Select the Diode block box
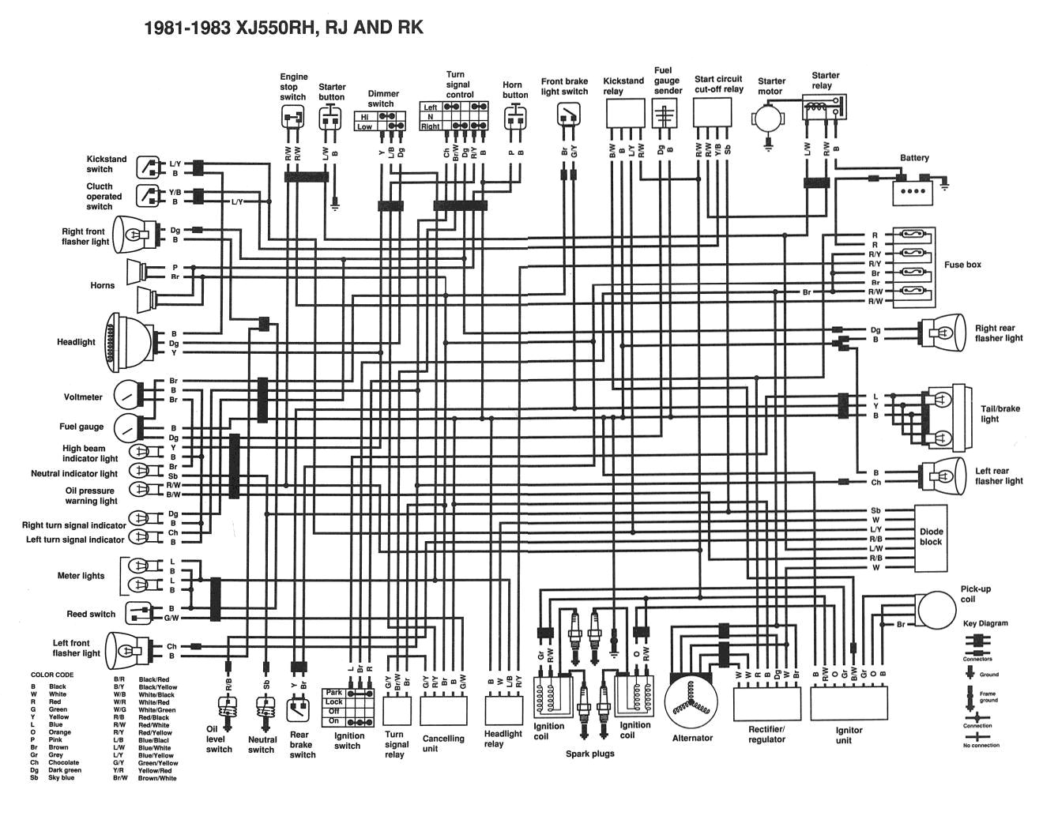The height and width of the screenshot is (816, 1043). click(x=931, y=537)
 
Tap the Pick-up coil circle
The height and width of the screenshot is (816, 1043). click(x=936, y=609)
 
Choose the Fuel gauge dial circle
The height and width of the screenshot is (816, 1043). click(x=126, y=427)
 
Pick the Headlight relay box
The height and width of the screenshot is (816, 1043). click(x=503, y=709)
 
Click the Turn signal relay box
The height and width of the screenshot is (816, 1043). click(x=397, y=712)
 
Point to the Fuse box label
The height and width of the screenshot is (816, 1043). click(x=962, y=265)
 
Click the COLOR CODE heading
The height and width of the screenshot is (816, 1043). click(x=52, y=675)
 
